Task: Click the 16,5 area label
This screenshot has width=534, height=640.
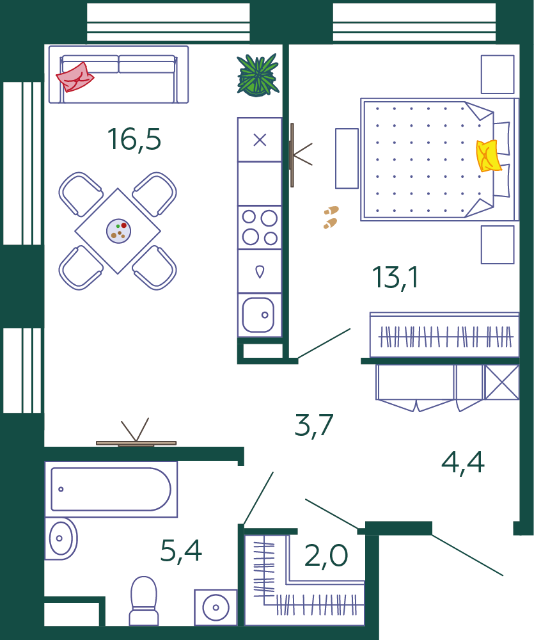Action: [x=134, y=140]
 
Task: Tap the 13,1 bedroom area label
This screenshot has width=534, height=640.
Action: [x=395, y=278]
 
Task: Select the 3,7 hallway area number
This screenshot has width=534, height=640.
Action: [x=314, y=426]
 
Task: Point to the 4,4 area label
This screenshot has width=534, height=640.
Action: [x=463, y=463]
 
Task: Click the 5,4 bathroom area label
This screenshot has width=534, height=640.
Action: [x=181, y=551]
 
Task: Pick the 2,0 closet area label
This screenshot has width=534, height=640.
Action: [x=326, y=556]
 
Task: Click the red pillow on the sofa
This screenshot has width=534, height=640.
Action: [x=75, y=77]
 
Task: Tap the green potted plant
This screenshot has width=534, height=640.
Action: [x=258, y=75]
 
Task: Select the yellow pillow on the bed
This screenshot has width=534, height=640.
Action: [x=489, y=156]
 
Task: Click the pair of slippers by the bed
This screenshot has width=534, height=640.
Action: [x=331, y=217]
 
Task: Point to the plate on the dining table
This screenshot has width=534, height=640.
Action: [x=119, y=231]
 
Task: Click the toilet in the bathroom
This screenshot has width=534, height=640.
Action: [x=144, y=600]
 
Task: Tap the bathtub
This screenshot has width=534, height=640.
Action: [x=111, y=489]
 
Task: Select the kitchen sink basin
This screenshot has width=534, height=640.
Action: [x=258, y=315]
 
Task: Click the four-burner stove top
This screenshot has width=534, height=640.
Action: [x=260, y=227]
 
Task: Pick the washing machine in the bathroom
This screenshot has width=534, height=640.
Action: [x=216, y=607]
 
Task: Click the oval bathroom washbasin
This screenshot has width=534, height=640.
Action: [x=61, y=538]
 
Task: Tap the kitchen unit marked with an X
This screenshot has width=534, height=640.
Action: [x=260, y=140]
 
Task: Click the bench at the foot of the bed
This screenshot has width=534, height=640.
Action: [x=347, y=158]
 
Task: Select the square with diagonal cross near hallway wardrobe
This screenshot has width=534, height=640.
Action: [x=501, y=382]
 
